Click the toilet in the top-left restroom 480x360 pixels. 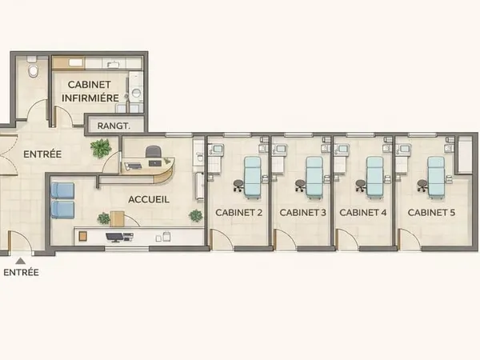[33, 68]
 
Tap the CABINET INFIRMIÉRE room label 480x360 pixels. [90, 91]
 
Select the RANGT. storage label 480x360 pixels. [114, 126]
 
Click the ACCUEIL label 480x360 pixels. [149, 199]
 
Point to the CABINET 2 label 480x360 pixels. [238, 213]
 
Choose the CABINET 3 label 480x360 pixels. [302, 213]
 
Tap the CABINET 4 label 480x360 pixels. [363, 213]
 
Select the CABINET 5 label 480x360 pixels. [431, 213]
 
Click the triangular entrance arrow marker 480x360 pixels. [21, 261]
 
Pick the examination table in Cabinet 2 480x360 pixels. [253, 178]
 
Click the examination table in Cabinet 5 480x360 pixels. [437, 178]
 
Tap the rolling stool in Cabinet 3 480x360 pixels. [300, 186]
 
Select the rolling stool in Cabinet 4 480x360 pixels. [361, 186]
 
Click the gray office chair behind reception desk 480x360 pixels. [154, 152]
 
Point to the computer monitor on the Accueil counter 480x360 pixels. [114, 237]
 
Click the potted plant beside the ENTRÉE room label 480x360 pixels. [101, 148]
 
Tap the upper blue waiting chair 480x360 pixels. [62, 190]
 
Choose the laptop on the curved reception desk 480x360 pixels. [155, 163]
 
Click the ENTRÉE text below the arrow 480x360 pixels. [21, 273]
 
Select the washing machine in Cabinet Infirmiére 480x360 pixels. [136, 91]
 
